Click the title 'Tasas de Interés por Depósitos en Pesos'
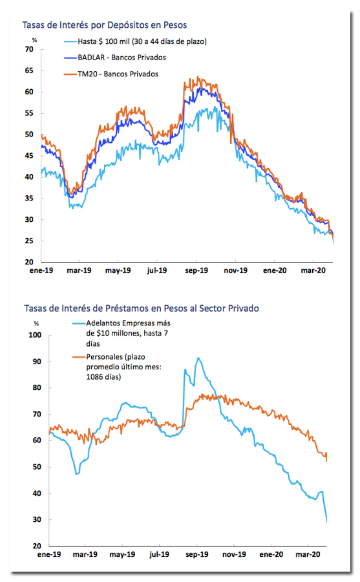104,25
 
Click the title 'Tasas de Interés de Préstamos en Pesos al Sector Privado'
142,308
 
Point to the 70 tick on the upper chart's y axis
29,49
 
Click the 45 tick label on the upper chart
29,155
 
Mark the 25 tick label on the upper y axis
29,241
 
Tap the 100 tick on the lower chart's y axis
36,335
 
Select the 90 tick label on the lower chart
37,361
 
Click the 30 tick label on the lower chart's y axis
37,519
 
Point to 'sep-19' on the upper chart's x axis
196,270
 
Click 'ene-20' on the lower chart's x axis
271,555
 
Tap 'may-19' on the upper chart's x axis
118,270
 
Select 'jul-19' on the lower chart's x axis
159,555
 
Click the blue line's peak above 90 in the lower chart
198,358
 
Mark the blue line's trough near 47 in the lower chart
77,474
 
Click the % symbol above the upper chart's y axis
34,40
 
